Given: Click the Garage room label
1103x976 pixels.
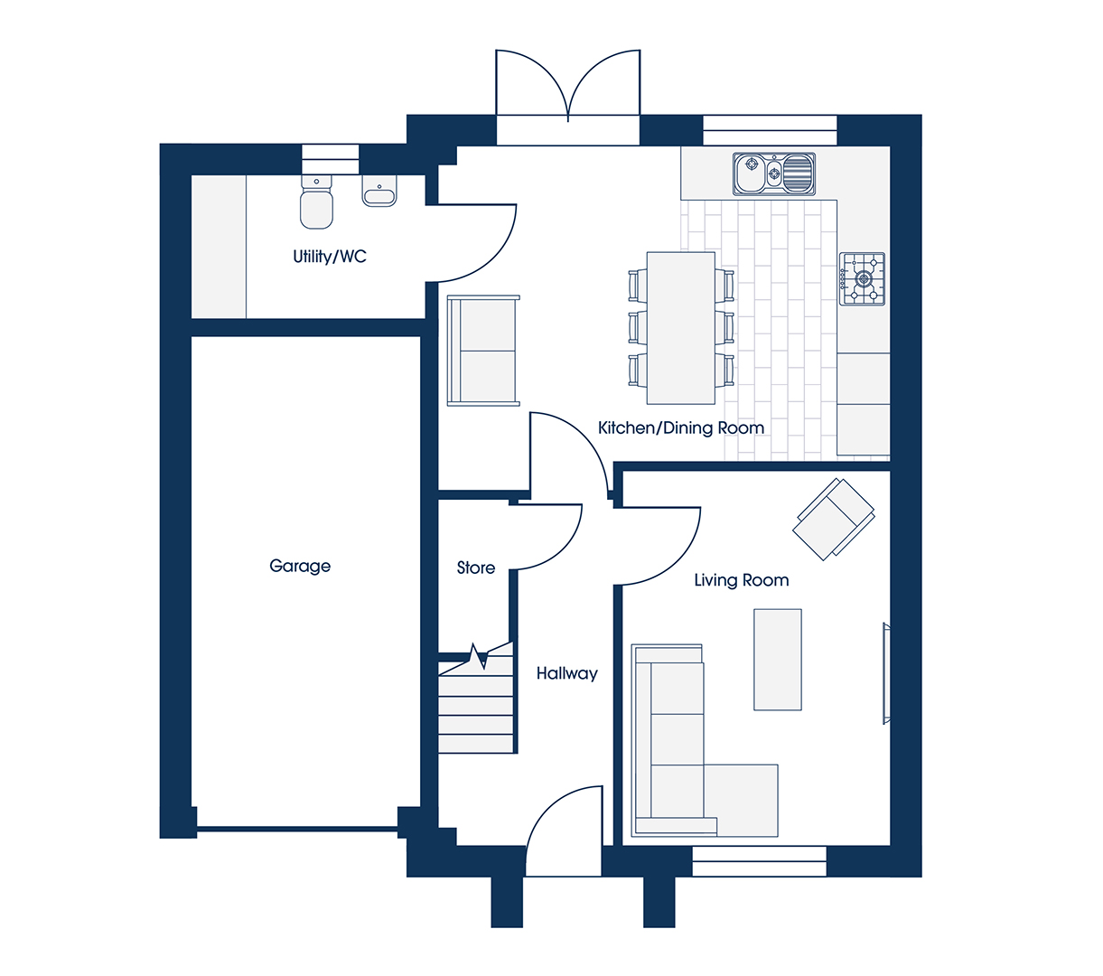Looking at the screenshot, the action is point(300,567).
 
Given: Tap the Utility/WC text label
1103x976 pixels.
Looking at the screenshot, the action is point(330,257).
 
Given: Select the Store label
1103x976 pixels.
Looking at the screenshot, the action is point(476,568).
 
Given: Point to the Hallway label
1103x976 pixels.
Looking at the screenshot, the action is point(566,674).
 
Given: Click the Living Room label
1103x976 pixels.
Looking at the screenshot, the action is point(741,580).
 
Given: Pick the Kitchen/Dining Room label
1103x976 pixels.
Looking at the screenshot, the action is point(680,427).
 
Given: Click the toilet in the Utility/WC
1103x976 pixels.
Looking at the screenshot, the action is point(316,202).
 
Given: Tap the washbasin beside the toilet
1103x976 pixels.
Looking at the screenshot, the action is point(379,191).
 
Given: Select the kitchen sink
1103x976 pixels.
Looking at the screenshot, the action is point(773,174).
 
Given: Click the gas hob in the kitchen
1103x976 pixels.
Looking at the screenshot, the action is point(862,279).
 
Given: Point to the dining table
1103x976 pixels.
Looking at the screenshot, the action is point(680,328).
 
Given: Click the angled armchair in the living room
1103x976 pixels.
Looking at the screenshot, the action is point(834,519).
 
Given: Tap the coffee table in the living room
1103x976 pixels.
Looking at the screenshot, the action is point(778,660).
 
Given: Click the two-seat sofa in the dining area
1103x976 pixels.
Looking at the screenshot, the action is point(483,351).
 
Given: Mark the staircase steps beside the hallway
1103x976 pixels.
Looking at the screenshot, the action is point(476,702).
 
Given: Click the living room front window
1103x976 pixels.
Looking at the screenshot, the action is point(759,861).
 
